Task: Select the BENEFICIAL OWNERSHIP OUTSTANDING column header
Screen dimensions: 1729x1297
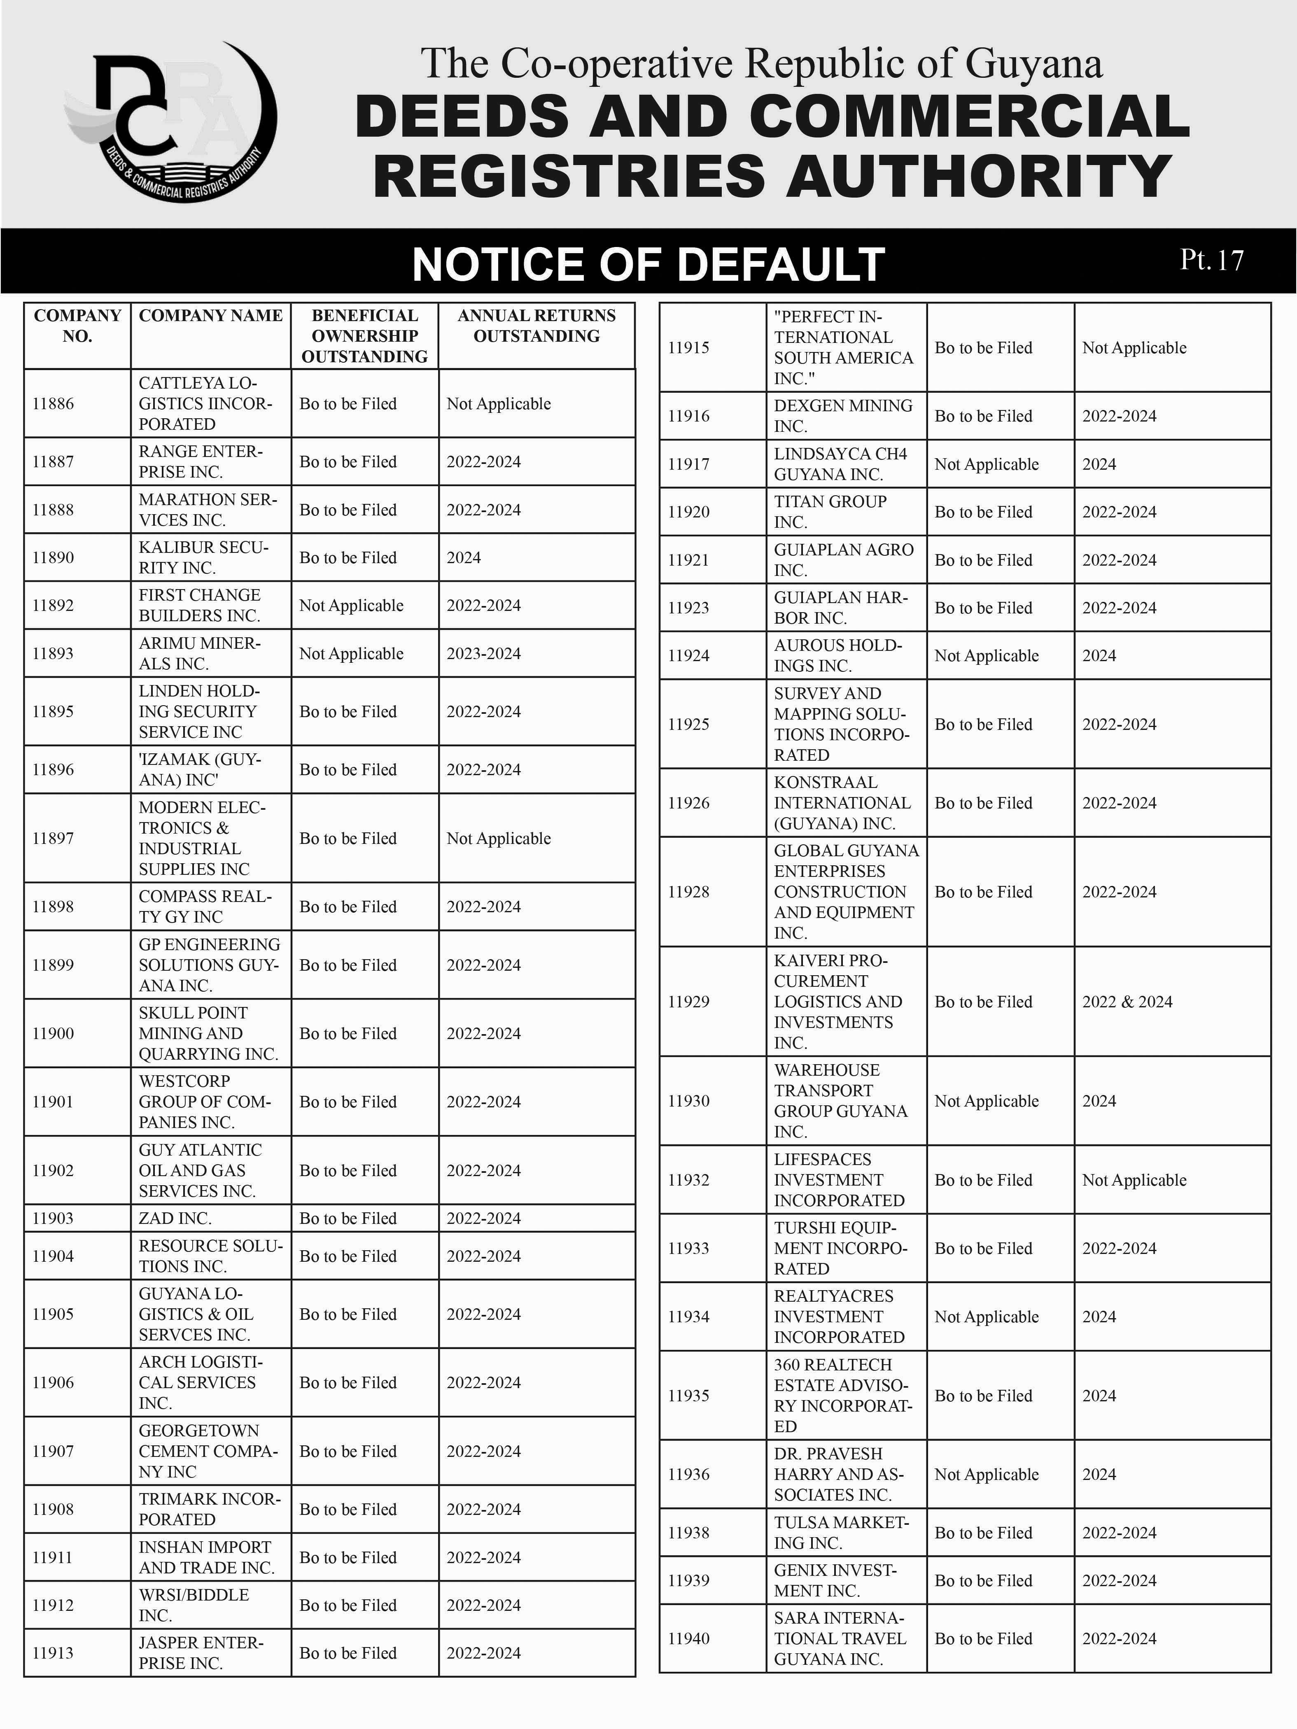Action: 364,336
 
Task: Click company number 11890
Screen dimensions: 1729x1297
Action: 53,557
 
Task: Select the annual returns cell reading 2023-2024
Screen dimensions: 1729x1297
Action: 483,653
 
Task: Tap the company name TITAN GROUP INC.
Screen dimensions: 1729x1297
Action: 830,511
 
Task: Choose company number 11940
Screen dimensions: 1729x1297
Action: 689,1638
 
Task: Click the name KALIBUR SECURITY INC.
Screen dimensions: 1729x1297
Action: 203,557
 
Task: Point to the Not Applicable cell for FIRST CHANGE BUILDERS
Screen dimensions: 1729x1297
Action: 351,606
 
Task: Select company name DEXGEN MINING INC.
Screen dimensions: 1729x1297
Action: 843,416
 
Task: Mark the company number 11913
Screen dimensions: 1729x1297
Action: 53,1653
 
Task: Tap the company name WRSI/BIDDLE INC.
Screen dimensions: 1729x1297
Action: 194,1605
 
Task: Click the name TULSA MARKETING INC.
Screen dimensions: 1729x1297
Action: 841,1533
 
